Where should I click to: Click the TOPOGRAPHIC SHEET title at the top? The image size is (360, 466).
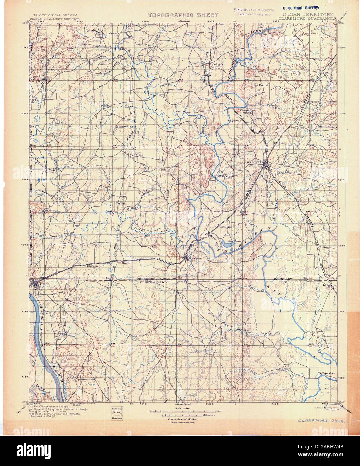[x=183, y=15]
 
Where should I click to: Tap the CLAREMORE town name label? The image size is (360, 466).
[x=250, y=162]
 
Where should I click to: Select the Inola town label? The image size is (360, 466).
[x=326, y=286]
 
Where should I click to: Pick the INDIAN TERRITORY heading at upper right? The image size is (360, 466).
[x=308, y=15]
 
